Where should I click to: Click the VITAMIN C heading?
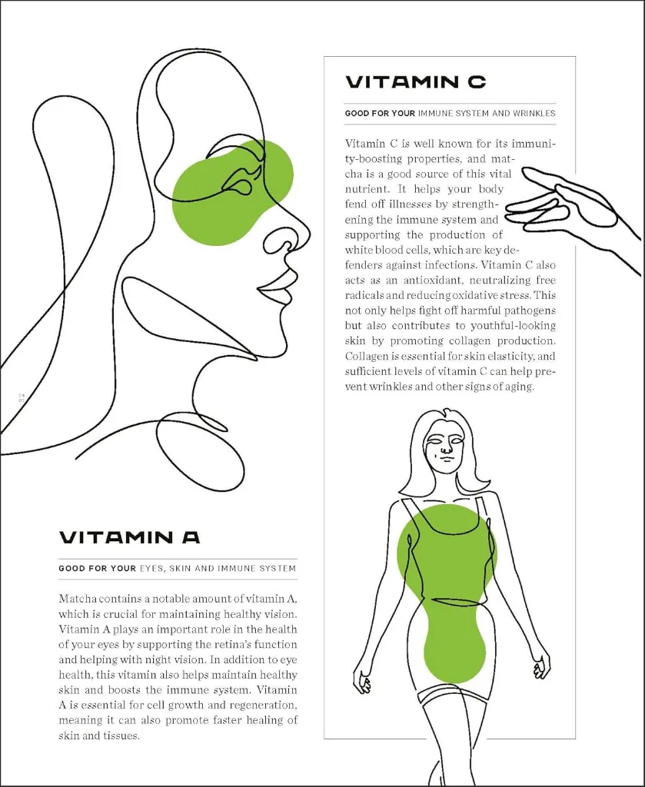415,82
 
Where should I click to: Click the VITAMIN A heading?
129,536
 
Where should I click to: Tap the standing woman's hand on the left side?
361,680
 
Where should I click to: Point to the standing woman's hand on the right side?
541,664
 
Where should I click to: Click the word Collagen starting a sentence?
367,356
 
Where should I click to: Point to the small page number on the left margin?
22,397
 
